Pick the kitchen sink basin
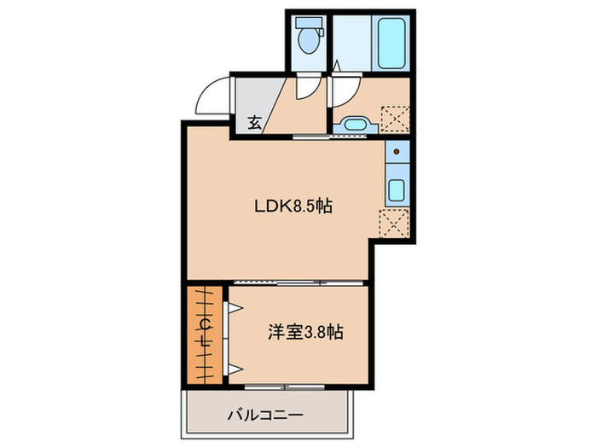click(x=397, y=189)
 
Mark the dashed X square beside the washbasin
click(x=395, y=116)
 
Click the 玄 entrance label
click(x=254, y=122)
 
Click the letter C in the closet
click(x=205, y=323)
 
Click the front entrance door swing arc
click(x=212, y=94)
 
